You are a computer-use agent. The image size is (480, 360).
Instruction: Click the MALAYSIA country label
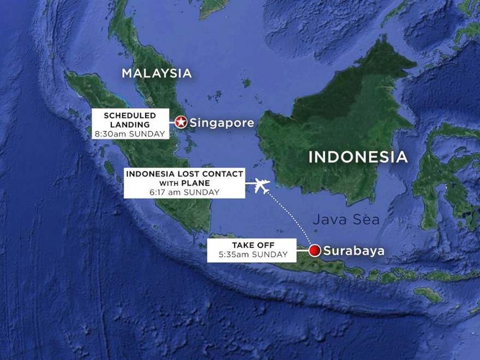click(157, 73)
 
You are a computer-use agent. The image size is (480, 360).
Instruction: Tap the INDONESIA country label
click(358, 157)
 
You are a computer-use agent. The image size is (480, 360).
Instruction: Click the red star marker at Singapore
click(181, 123)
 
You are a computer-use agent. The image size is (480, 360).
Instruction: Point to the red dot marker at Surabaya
click(314, 251)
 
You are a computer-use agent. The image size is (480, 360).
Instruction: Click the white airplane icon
click(263, 186)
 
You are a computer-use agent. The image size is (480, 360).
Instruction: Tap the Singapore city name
click(221, 123)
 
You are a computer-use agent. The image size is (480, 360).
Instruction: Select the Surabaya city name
click(353, 251)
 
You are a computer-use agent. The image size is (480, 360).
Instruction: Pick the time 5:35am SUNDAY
click(251, 255)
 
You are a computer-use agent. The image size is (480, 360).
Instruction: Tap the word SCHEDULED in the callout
click(130, 116)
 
